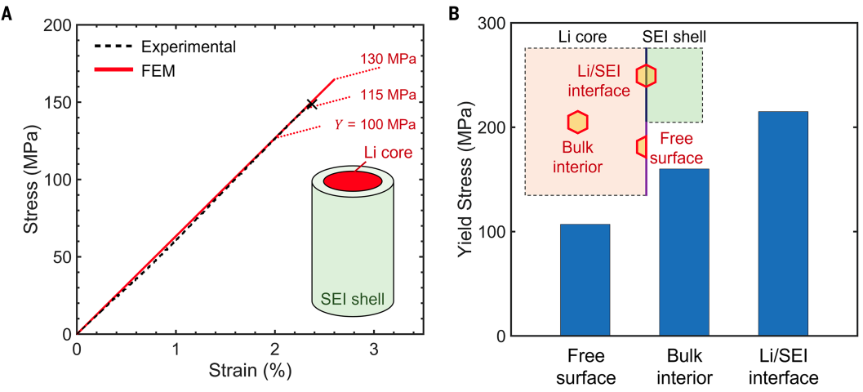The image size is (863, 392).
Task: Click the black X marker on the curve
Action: tap(311, 105)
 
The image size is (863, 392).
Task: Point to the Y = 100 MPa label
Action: tap(376, 125)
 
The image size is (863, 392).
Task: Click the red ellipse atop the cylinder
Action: tap(352, 180)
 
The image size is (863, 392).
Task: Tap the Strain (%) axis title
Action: tap(250, 370)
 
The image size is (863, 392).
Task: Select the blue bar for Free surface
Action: tap(585, 279)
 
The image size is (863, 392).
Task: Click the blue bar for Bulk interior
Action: tap(683, 252)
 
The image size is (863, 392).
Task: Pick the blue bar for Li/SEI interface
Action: tap(782, 224)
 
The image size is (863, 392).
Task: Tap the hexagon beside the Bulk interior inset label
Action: tap(577, 122)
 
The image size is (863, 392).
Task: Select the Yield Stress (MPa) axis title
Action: tap(468, 180)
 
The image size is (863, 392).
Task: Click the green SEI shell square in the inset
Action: tap(675, 86)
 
